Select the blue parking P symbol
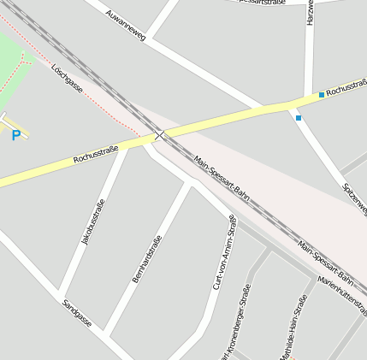[x=15, y=135]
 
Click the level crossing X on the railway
[x=159, y=135]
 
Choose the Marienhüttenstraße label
[x=342, y=295]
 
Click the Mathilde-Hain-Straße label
[x=293, y=329]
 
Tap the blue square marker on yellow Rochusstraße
[x=322, y=94]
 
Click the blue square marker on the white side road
[x=299, y=118]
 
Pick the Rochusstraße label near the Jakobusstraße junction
[x=96, y=154]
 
